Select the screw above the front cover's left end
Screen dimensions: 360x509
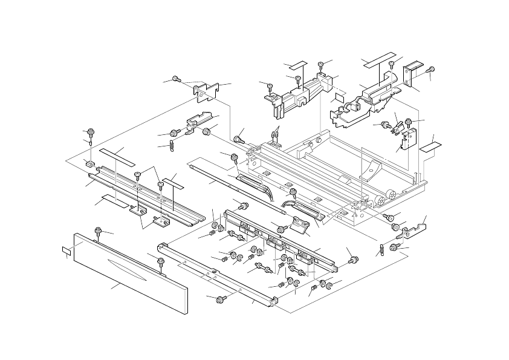(x=98, y=230)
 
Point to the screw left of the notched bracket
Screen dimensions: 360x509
(x=176, y=79)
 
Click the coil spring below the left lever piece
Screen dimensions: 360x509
(x=171, y=145)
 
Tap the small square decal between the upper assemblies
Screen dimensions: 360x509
(x=339, y=97)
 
